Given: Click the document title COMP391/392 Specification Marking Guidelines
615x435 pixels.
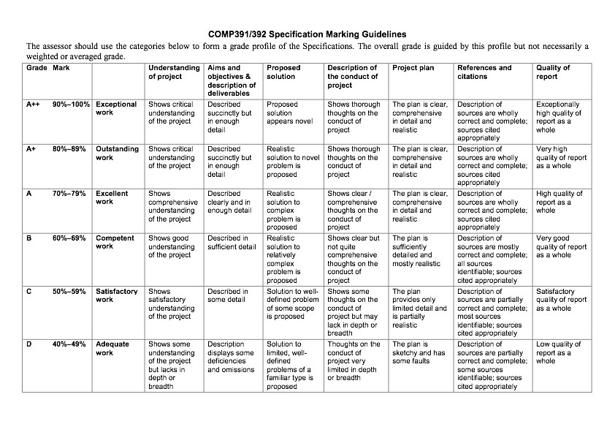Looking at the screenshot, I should pos(307,34).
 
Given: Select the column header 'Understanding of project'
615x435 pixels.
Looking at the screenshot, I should pos(173,72).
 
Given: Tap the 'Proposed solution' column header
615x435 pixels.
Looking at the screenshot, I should pos(283,72).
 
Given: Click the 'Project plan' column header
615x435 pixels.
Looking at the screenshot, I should pos(413,68).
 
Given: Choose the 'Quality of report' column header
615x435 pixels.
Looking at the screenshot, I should pos(553,72).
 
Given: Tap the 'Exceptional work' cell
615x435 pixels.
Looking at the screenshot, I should pos(116,109).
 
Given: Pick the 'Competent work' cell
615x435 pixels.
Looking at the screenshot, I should pos(115,242).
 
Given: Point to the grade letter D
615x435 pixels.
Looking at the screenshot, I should pos(29,344).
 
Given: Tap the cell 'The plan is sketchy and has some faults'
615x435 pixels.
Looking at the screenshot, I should pos(419,352).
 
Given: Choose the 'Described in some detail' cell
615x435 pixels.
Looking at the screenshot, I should pos(229,295).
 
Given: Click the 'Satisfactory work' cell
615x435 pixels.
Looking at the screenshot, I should pos(116,295).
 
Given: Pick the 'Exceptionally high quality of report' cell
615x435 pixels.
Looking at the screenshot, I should pos(559,117).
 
